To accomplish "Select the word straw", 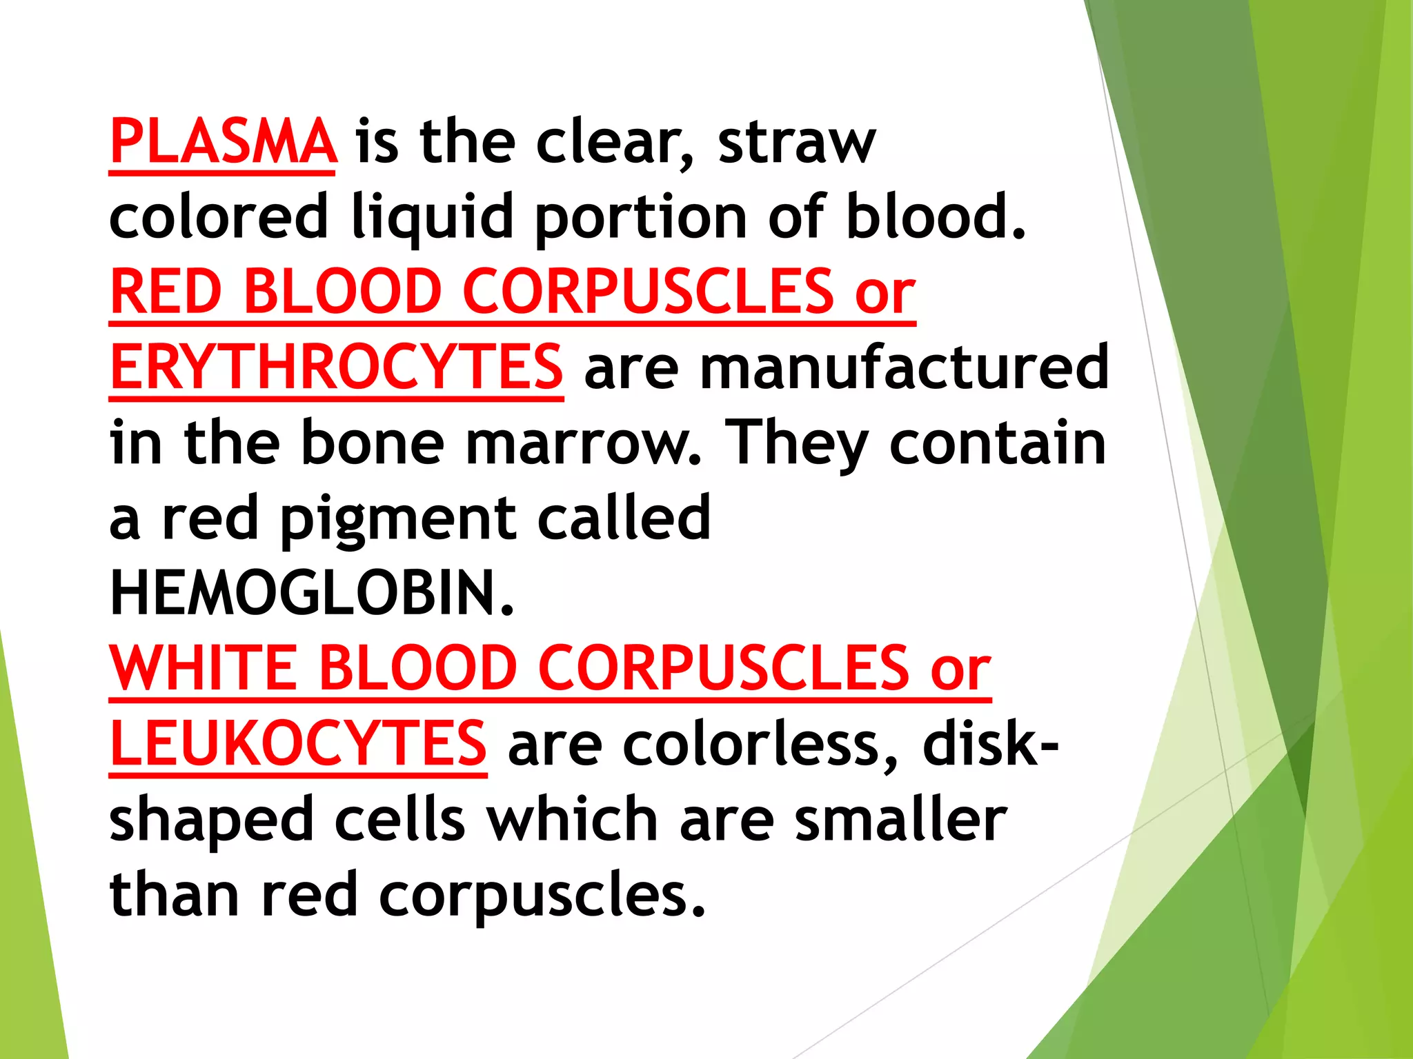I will tap(796, 143).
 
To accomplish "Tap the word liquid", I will tap(432, 218).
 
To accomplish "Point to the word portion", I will tap(641, 218).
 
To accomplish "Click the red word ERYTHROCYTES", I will tap(336, 366).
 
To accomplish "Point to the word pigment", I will tap(397, 520).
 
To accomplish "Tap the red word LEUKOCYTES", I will tap(298, 743).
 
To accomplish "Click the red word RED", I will tap(166, 292).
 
